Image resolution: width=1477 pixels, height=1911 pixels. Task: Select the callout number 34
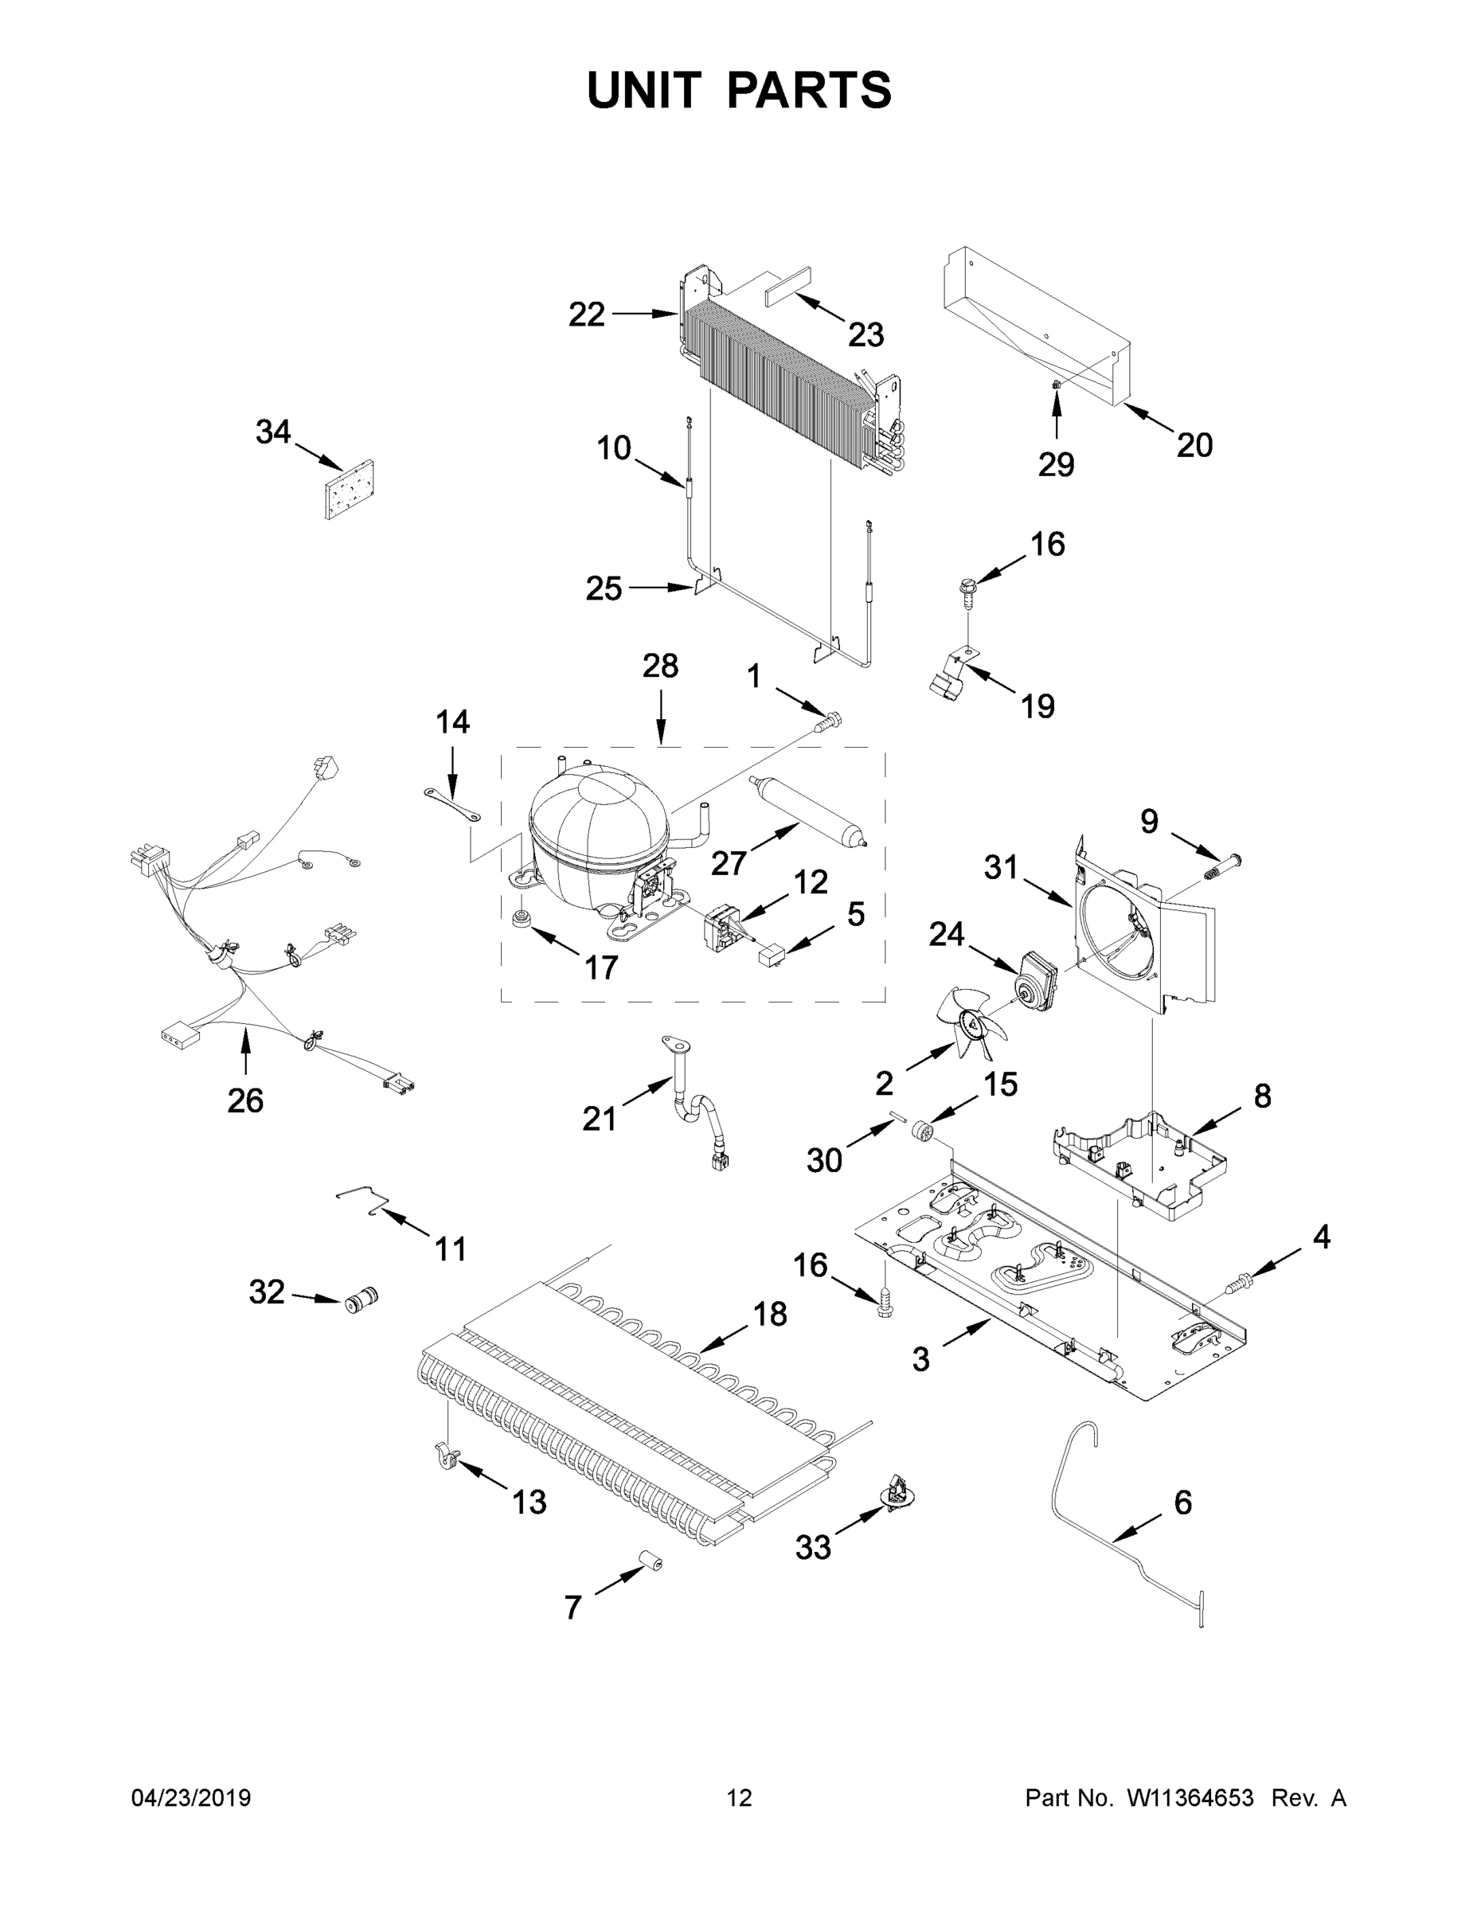(x=273, y=432)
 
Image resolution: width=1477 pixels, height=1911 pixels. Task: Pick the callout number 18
(x=770, y=1315)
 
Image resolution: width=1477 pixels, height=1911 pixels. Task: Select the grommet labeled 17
(x=522, y=921)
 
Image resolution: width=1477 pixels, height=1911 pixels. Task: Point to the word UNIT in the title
(x=644, y=90)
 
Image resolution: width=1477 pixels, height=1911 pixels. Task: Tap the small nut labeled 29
(x=1056, y=385)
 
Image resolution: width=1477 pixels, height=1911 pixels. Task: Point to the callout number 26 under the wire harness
(x=245, y=1100)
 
